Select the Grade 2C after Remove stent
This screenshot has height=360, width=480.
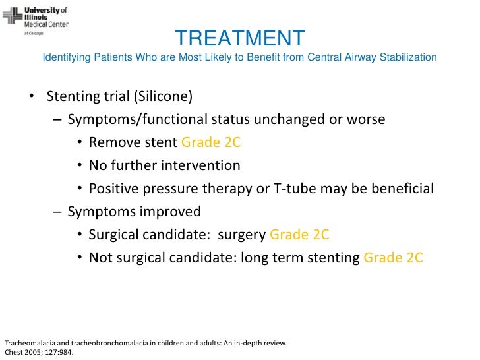(211, 142)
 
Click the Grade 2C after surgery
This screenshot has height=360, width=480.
(299, 235)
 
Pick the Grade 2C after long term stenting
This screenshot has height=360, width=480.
(393, 258)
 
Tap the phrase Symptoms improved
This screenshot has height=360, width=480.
(134, 212)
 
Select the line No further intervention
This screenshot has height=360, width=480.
(164, 165)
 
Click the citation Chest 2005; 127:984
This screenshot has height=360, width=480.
(39, 353)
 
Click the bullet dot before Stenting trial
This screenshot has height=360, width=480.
(31, 98)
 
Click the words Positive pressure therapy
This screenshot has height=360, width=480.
(171, 189)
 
